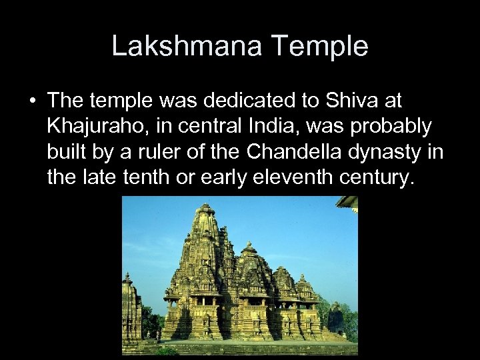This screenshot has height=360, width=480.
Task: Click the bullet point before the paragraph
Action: pyautogui.click(x=33, y=101)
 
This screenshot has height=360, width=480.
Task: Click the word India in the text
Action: pyautogui.click(x=267, y=126)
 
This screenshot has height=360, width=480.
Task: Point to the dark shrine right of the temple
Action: pyautogui.click(x=336, y=320)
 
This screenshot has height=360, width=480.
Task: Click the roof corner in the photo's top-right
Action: pyautogui.click(x=349, y=202)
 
